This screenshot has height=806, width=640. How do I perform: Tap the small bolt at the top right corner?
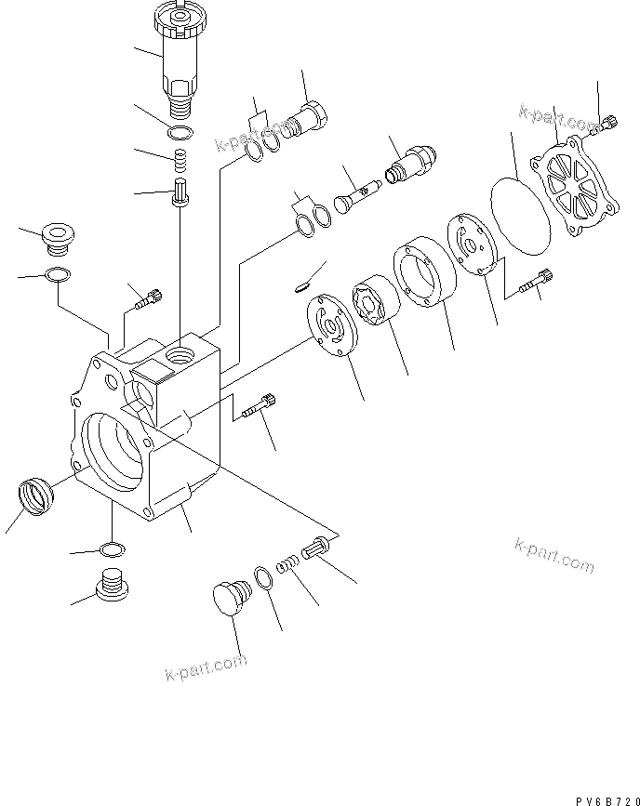coord(610,121)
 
